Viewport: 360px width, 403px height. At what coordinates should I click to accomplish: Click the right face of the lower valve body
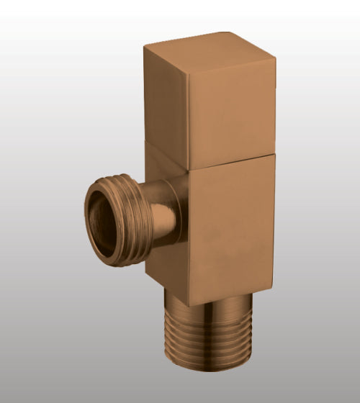[x=230, y=230]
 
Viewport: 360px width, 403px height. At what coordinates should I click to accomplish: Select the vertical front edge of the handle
[x=188, y=119]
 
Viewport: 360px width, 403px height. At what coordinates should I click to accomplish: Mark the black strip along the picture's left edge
[x=2, y=201]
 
